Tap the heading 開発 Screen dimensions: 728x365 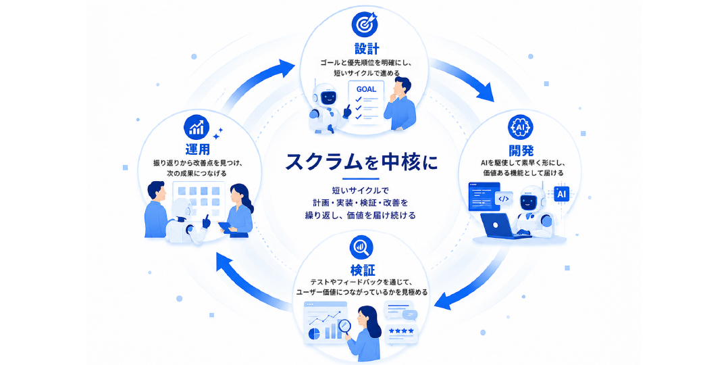point(521,151)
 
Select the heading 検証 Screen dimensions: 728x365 point(363,270)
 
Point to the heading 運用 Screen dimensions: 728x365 point(197,149)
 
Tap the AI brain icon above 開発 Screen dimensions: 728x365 point(520,127)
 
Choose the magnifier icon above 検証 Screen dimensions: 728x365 point(362,248)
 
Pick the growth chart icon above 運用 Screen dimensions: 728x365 point(197,127)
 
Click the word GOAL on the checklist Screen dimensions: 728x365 point(366,89)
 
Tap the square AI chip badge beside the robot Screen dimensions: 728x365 point(561,194)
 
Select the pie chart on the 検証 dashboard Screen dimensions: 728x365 point(314,334)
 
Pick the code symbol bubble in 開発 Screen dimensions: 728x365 point(503,199)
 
